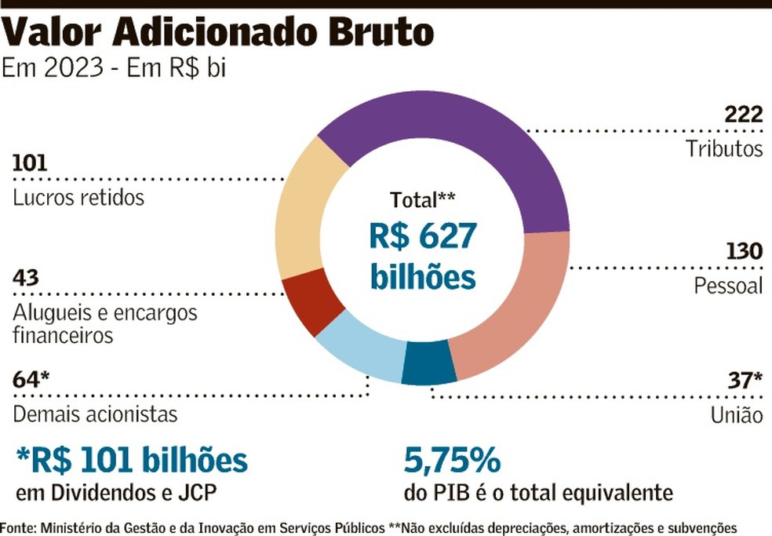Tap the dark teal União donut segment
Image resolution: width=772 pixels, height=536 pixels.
[428, 366]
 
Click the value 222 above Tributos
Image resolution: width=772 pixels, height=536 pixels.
[744, 115]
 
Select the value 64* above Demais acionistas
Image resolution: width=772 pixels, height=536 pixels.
[31, 380]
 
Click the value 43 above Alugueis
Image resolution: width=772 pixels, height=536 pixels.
[26, 279]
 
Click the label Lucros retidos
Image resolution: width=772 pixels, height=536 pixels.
[78, 197]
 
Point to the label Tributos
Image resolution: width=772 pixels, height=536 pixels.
[723, 148]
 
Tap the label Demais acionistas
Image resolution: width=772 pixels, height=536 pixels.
[95, 413]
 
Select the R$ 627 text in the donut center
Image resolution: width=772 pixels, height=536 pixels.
[423, 238]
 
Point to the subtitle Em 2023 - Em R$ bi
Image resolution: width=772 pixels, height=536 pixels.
[115, 69]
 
